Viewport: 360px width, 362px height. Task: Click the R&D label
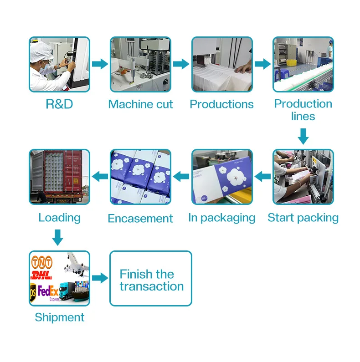coord(59,104)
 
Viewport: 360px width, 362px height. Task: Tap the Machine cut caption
coord(140,104)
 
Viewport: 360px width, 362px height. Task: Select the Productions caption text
coord(221,104)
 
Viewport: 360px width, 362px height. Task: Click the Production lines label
coord(303,110)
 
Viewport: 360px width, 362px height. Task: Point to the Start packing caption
coord(303,218)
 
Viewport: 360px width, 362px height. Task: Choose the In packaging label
coord(221,218)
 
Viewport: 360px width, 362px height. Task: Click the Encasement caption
coord(140,219)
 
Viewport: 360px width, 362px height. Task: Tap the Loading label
coord(59,218)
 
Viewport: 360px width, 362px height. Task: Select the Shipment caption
coord(60,317)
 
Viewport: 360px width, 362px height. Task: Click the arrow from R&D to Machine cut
coord(100,64)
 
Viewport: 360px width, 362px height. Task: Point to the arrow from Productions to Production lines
coord(262,64)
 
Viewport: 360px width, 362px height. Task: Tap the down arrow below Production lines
coord(303,135)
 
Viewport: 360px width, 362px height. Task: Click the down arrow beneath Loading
coord(57,237)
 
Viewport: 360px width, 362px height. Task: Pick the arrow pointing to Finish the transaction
coord(100,278)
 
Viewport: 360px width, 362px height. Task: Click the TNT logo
coord(42,263)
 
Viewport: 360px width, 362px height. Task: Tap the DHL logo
coord(41,275)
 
